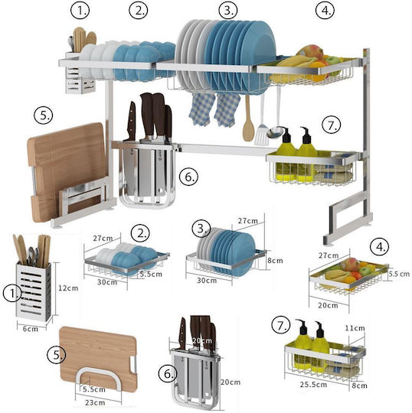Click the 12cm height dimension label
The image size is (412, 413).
(x=68, y=288)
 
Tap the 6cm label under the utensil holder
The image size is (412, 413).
(x=31, y=329)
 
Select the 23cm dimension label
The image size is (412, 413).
(x=95, y=402)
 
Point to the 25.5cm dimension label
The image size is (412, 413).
(x=313, y=384)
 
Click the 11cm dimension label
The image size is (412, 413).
(x=355, y=328)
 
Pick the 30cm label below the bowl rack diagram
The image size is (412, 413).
(x=107, y=282)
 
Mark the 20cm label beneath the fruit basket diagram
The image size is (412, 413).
(x=328, y=305)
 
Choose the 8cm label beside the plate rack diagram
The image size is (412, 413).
(x=275, y=261)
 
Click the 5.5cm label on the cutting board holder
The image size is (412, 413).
(x=94, y=389)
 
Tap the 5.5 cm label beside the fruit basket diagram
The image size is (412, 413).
(x=399, y=274)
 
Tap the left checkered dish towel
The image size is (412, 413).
(x=201, y=109)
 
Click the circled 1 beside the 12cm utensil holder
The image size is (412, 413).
(x=12, y=294)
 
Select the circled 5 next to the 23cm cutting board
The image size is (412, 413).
(x=56, y=355)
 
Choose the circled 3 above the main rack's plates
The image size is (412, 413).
(x=228, y=11)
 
